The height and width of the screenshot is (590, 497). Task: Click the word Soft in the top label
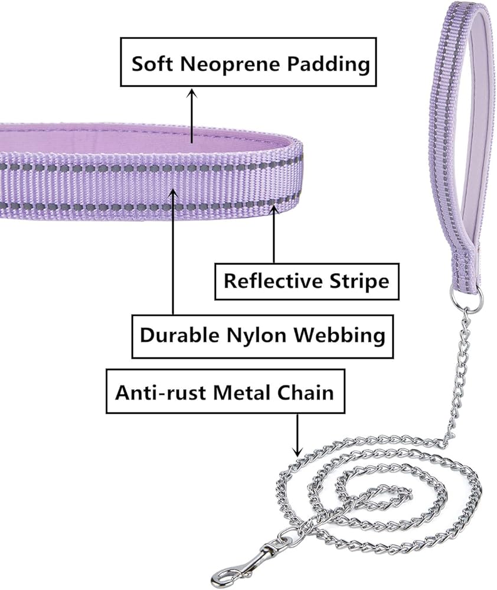tap(152, 64)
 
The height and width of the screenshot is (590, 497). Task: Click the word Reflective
tap(273, 281)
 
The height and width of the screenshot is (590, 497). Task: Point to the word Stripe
tap(359, 281)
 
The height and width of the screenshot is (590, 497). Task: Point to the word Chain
tap(306, 393)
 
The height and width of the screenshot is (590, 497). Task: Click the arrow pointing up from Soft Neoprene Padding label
tap(192, 116)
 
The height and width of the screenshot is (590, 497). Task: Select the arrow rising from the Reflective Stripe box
tap(274, 233)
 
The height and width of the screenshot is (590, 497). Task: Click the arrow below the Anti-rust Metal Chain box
tap(297, 435)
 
